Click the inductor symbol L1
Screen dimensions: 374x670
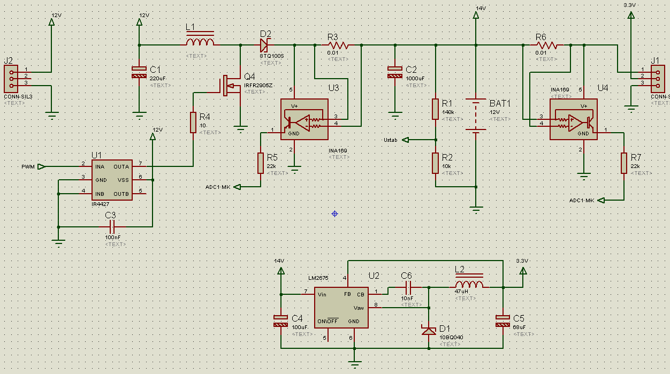pos(200,41)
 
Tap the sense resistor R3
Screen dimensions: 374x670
pos(338,45)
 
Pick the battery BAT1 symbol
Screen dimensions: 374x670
pos(475,114)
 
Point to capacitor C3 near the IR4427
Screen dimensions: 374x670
pos(112,226)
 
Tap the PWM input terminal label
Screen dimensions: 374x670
pos(28,166)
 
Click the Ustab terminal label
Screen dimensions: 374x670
pos(390,140)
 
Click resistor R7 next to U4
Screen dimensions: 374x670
pos(624,163)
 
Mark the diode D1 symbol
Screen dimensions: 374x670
pos(429,330)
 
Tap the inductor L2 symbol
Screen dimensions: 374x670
pos(469,284)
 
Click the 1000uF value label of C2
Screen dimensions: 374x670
pos(415,78)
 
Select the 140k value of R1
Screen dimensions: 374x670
pos(448,112)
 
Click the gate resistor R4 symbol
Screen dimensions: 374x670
pos(193,123)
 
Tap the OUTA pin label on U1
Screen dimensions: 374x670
pos(121,166)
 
